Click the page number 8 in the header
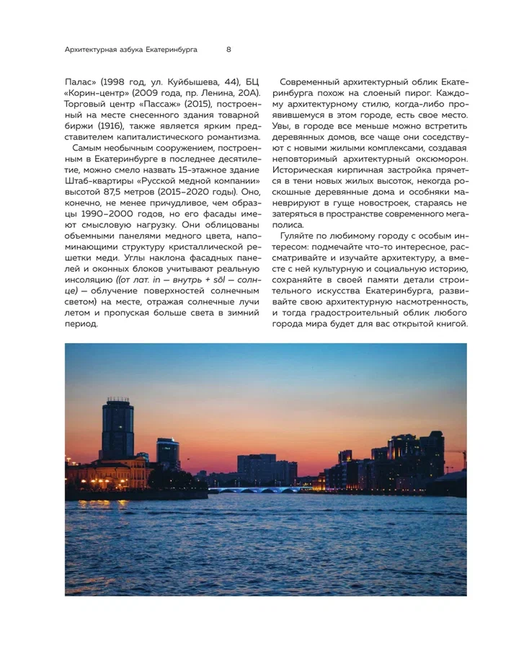tap(228, 50)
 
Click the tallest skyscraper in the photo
tap(117, 429)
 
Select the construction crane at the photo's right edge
tap(456, 456)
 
